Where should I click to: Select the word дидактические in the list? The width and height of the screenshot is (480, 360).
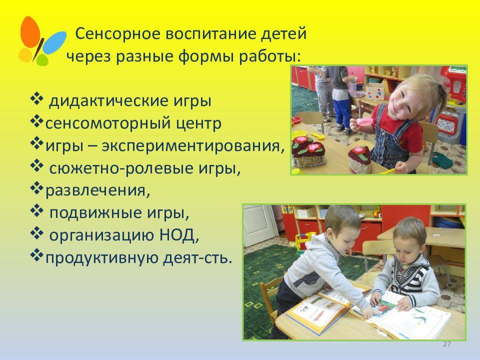[108, 101]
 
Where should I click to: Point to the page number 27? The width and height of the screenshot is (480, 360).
[447, 344]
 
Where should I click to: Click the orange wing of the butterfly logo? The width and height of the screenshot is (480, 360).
[30, 32]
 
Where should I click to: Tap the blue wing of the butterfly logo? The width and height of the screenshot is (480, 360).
[54, 42]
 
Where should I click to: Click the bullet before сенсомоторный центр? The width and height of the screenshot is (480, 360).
[36, 122]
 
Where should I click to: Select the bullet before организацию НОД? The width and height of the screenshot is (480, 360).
[36, 233]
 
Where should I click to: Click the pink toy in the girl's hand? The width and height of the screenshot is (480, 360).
[365, 122]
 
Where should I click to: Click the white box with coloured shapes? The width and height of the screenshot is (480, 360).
[375, 91]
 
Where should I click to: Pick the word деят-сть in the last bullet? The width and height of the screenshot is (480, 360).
[195, 258]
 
